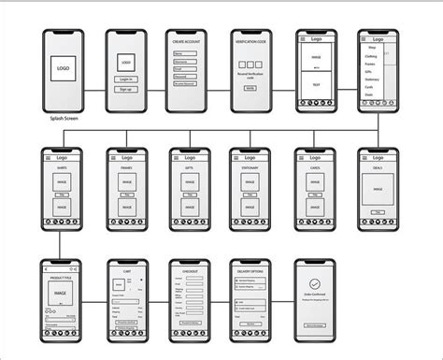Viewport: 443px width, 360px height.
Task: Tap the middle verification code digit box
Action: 250,59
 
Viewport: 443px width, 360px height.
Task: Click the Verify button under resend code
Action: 250,87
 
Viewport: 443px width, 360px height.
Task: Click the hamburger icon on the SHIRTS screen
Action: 49,159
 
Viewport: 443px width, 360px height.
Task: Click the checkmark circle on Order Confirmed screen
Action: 314,285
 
